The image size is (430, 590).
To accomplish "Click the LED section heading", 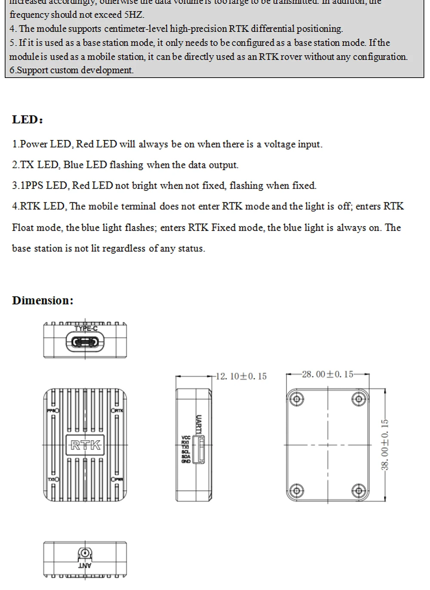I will pyautogui.click(x=28, y=120).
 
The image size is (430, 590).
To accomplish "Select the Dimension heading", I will pyautogui.click(x=43, y=301).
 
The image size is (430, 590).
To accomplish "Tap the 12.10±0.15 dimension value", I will pyautogui.click(x=241, y=376).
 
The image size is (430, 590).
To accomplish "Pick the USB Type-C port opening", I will pyautogui.click(x=85, y=342).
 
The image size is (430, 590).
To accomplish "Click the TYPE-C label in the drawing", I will pyautogui.click(x=86, y=329).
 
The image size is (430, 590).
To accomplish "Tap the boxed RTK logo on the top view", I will pyautogui.click(x=85, y=445).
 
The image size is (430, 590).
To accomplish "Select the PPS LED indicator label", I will pyautogui.click(x=51, y=410).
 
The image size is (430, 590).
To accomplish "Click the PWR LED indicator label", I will pyautogui.click(x=119, y=479).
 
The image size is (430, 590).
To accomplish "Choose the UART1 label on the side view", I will pyautogui.click(x=198, y=425).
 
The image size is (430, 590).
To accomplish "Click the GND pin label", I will pyautogui.click(x=185, y=461).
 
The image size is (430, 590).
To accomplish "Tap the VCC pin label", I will pyautogui.click(x=186, y=438).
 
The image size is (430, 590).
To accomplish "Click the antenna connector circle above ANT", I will pyautogui.click(x=85, y=553).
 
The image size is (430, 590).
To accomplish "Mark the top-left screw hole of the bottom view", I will pyautogui.click(x=296, y=399).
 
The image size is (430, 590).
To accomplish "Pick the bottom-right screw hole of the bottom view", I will pyautogui.click(x=358, y=490).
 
